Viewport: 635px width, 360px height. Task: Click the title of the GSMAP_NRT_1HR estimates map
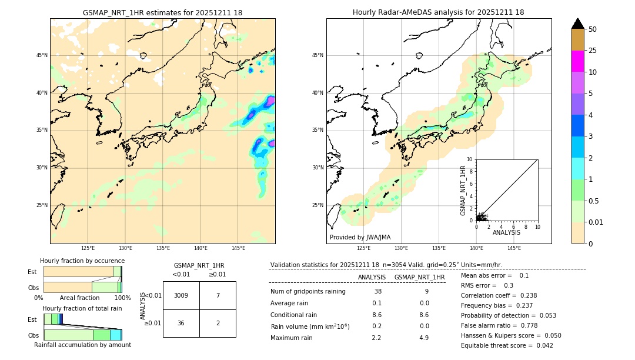click(x=162, y=12)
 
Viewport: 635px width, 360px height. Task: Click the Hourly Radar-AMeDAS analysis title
click(x=439, y=12)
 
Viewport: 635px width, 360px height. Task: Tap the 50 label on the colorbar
click(x=593, y=29)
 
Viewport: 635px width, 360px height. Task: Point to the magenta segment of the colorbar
click(x=577, y=61)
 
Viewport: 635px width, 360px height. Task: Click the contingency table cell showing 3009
click(x=181, y=295)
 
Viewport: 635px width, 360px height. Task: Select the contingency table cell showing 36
click(x=181, y=323)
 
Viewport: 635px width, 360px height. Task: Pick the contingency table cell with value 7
click(x=218, y=295)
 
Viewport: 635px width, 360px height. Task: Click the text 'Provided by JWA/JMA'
click(x=360, y=237)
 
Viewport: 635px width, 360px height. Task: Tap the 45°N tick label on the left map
click(x=42, y=55)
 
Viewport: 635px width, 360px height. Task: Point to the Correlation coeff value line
click(x=499, y=295)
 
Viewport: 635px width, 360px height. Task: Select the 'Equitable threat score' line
click(x=507, y=345)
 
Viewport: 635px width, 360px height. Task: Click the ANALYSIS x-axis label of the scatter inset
click(x=506, y=232)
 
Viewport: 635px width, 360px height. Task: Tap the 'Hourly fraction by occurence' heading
click(x=82, y=261)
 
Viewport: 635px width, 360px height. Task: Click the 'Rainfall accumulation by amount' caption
click(x=82, y=345)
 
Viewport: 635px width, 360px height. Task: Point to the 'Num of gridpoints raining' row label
click(x=308, y=291)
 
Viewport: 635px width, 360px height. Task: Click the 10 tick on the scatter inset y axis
click(x=470, y=159)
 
